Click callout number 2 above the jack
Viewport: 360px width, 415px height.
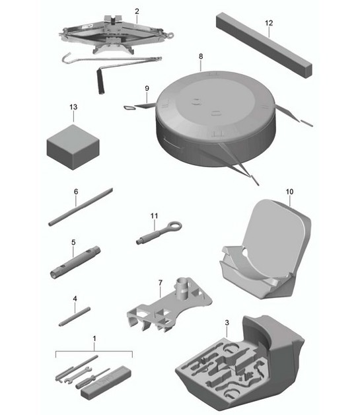(137, 11)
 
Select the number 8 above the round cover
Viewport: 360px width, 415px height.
(200, 57)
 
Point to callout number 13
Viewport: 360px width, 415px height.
(72, 106)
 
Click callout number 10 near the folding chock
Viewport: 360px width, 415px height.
(289, 191)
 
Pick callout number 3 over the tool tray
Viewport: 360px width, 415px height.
(227, 323)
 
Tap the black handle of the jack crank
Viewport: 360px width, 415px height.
(100, 84)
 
